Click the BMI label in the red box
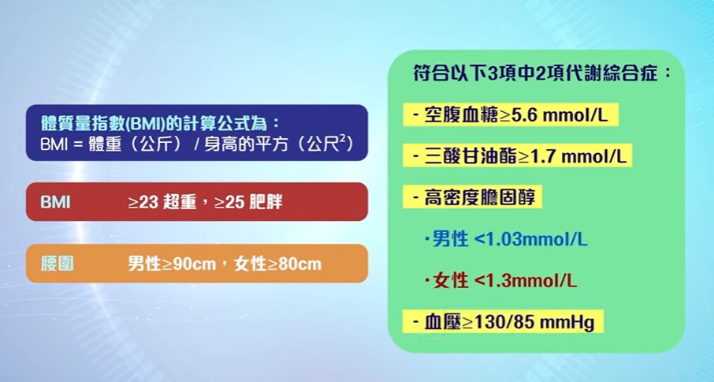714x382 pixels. (x=55, y=202)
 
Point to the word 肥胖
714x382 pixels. (x=266, y=202)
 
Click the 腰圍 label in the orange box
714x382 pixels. (x=57, y=264)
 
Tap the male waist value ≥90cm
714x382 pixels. (x=189, y=264)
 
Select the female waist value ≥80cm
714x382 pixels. (x=295, y=264)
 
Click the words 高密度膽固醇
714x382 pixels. (x=480, y=198)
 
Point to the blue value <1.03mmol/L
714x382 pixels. (x=530, y=239)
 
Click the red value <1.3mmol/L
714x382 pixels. (x=525, y=280)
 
